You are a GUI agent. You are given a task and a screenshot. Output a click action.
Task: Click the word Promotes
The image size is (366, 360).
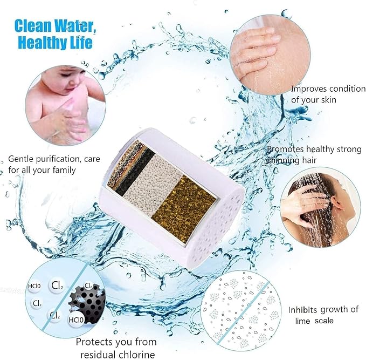tap(286, 150)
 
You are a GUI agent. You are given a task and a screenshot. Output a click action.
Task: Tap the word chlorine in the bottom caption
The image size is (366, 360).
tap(133, 354)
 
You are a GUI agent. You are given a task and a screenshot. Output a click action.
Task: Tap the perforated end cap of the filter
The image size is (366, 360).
tap(216, 221)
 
